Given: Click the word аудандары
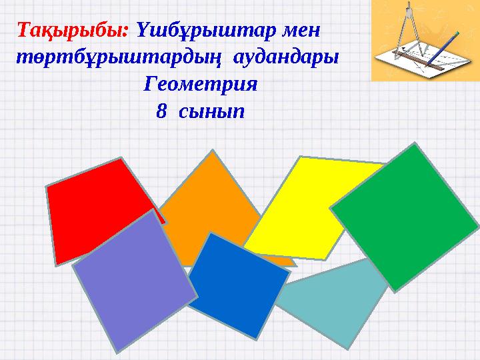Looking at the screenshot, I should (285, 57).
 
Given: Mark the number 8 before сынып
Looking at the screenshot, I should (161, 111).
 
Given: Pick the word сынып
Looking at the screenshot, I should (211, 111).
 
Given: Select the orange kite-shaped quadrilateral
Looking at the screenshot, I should (213, 200).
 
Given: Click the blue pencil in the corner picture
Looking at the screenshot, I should (440, 50).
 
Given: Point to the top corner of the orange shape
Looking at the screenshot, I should (213, 151).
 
